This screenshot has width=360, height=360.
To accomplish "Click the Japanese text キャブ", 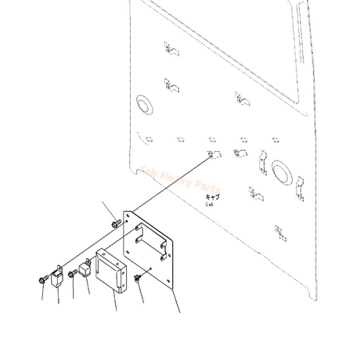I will (213, 196).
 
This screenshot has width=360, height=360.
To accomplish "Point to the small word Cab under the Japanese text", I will (210, 204).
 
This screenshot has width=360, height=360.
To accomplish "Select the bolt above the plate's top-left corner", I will (115, 223).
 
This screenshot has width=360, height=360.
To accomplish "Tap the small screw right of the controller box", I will (138, 277).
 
